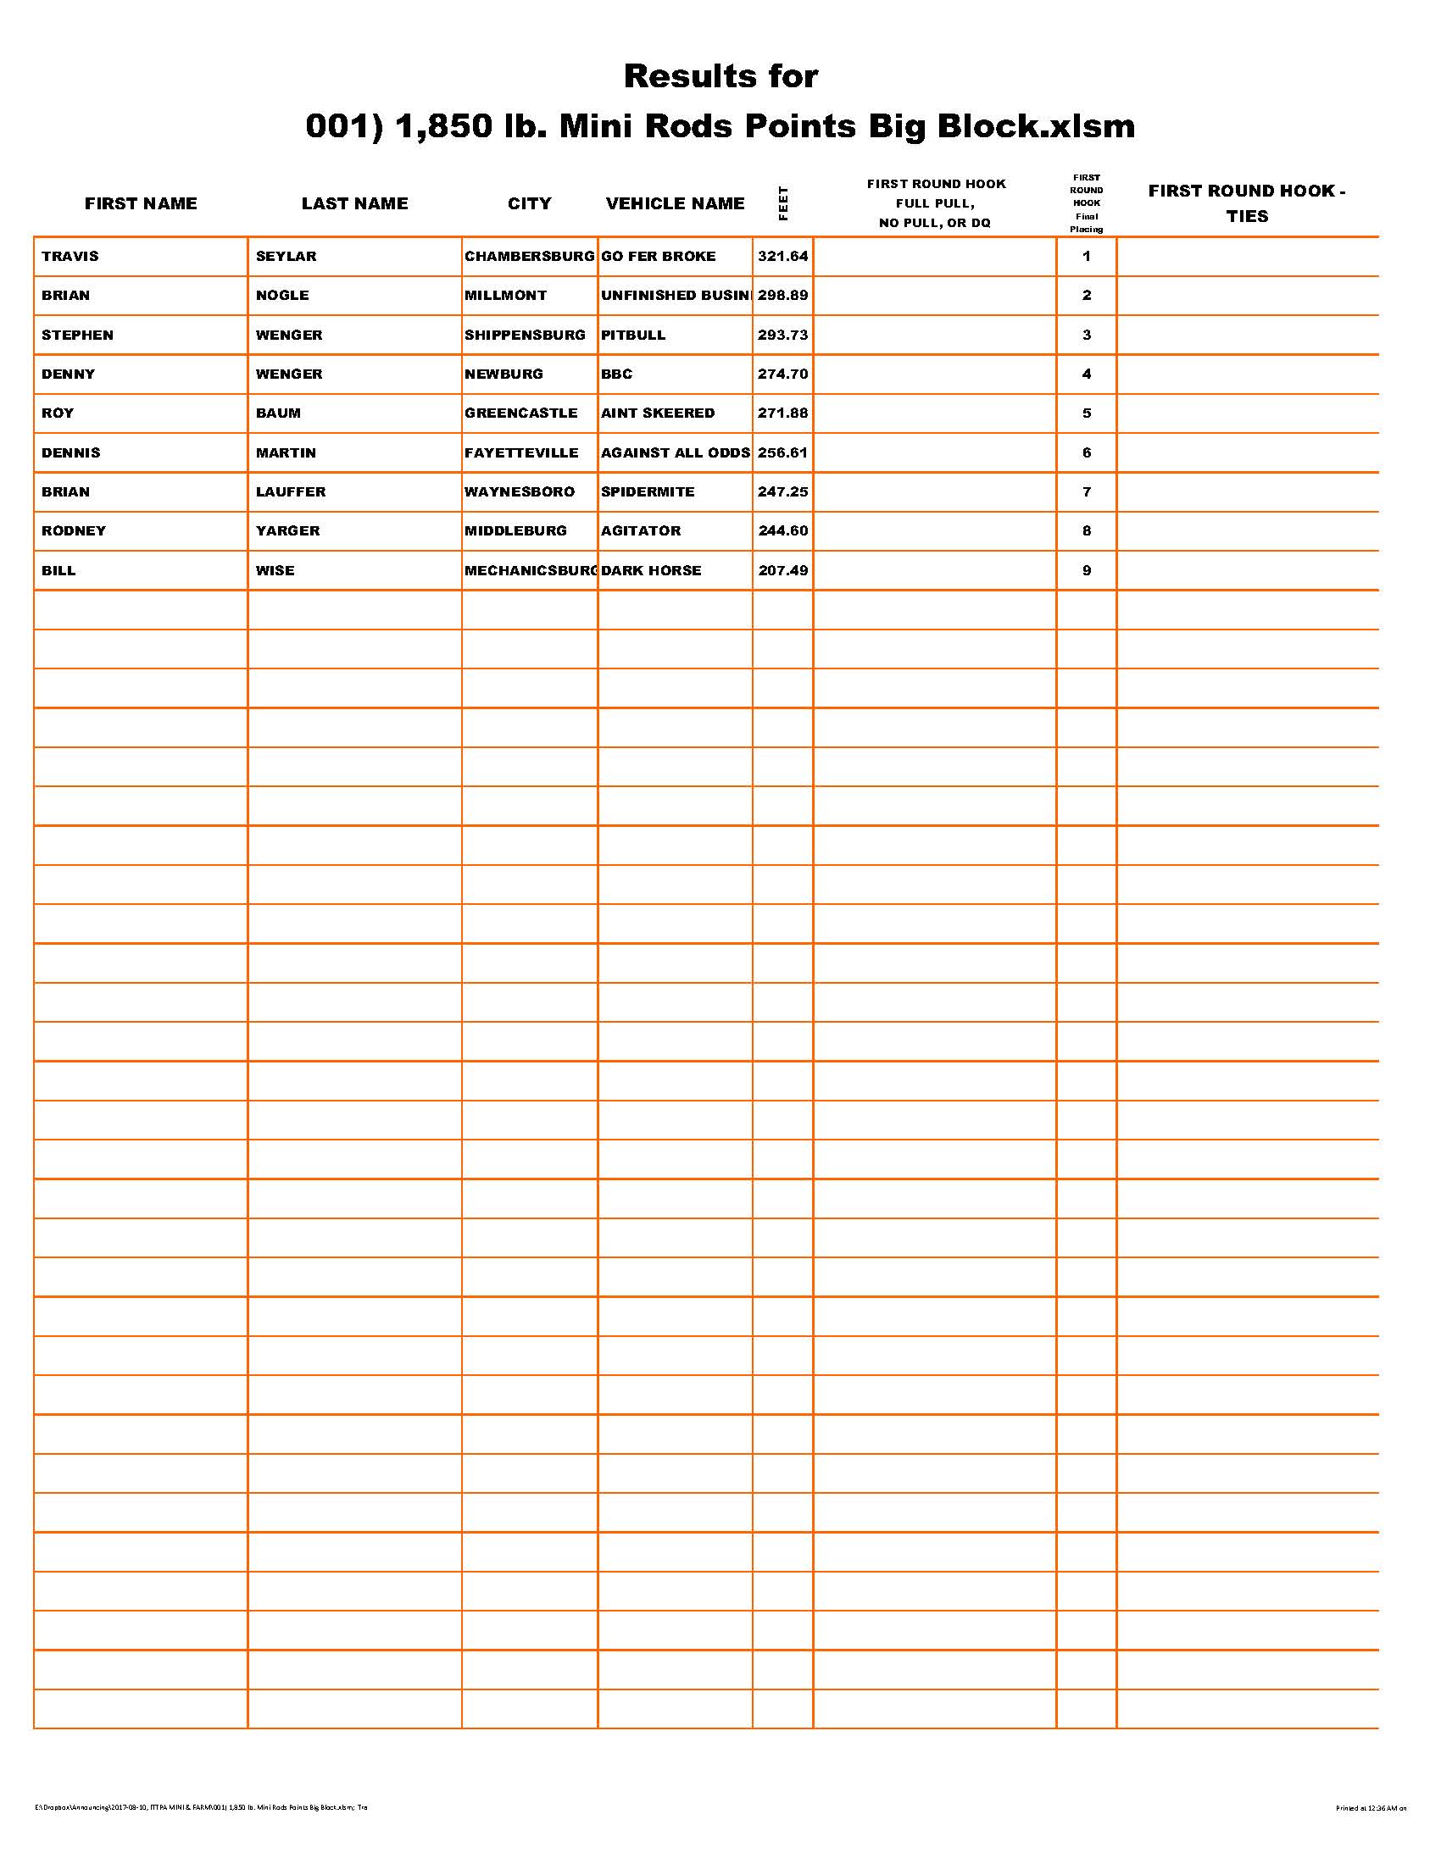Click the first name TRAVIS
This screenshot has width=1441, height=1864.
pos(70,256)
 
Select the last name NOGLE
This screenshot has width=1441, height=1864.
pos(282,296)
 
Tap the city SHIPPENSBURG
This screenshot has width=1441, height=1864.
pos(525,335)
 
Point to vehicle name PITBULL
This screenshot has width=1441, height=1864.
pos(633,335)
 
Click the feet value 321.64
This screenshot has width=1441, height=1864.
pos(783,256)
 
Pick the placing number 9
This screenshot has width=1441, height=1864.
pos(1087,570)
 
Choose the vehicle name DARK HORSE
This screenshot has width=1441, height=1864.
pos(651,570)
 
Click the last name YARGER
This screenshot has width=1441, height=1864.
pos(287,531)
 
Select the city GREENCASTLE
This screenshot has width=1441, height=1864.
pos(520,413)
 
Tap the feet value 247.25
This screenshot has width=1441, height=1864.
pos(783,491)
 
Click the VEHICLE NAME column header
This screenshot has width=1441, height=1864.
pos(676,203)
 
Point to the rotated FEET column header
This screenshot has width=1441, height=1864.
pos(784,203)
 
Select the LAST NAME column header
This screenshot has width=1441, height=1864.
pos(354,203)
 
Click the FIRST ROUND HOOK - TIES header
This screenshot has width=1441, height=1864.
pos(1246,203)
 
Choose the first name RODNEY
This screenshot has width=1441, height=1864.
pos(75,531)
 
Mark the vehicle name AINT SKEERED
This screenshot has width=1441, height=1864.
pos(658,413)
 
